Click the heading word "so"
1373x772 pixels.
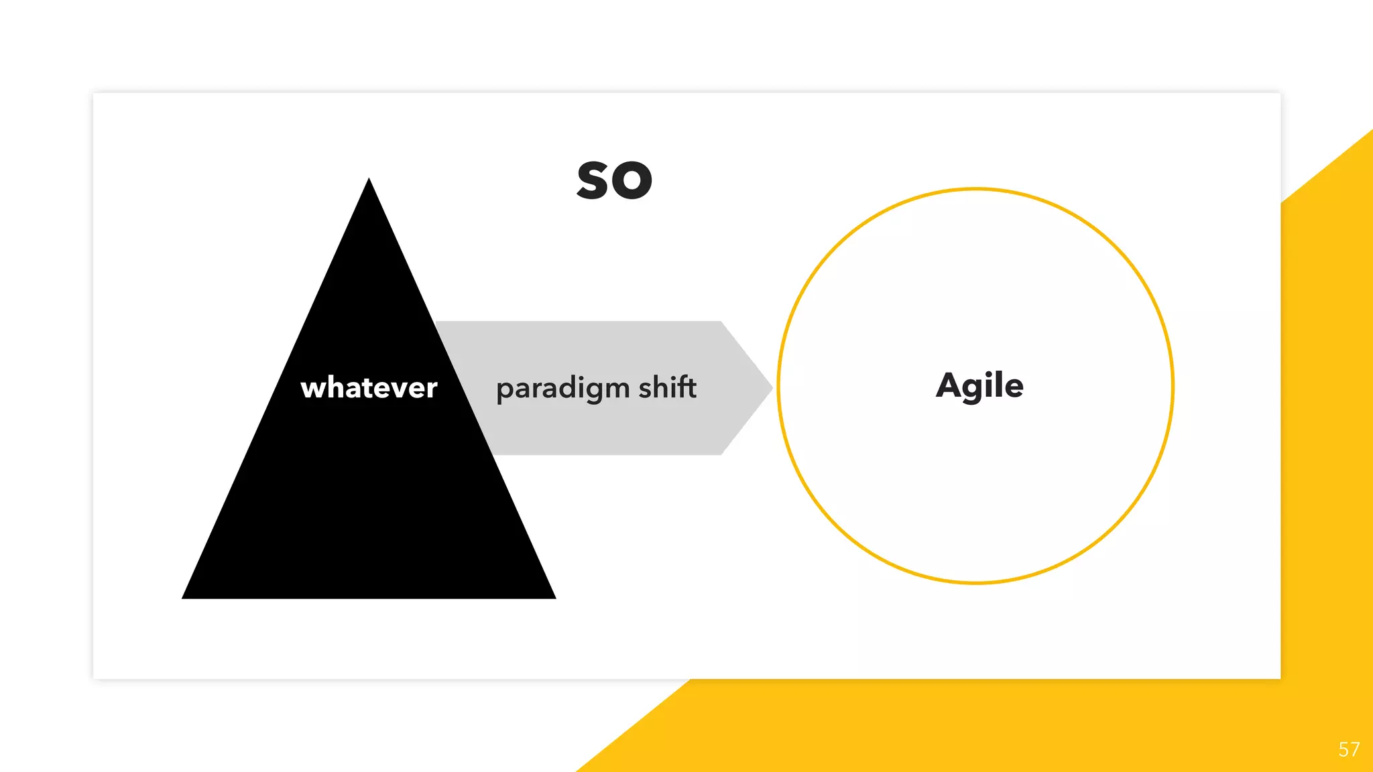click(x=614, y=181)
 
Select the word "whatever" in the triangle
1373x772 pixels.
click(x=369, y=388)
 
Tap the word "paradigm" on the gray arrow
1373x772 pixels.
click(x=563, y=389)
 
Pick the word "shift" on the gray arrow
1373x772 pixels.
click(x=667, y=387)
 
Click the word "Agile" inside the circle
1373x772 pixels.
click(x=979, y=386)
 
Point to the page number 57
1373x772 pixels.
click(x=1349, y=749)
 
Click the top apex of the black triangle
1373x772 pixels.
click(x=369, y=180)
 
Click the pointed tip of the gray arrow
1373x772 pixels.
click(x=771, y=387)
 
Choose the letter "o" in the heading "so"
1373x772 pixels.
click(x=633, y=182)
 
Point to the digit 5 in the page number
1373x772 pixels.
click(x=1344, y=749)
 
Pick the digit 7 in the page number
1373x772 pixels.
click(x=1355, y=749)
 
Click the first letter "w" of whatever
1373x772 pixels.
click(x=312, y=389)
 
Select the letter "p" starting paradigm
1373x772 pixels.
click(x=503, y=391)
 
